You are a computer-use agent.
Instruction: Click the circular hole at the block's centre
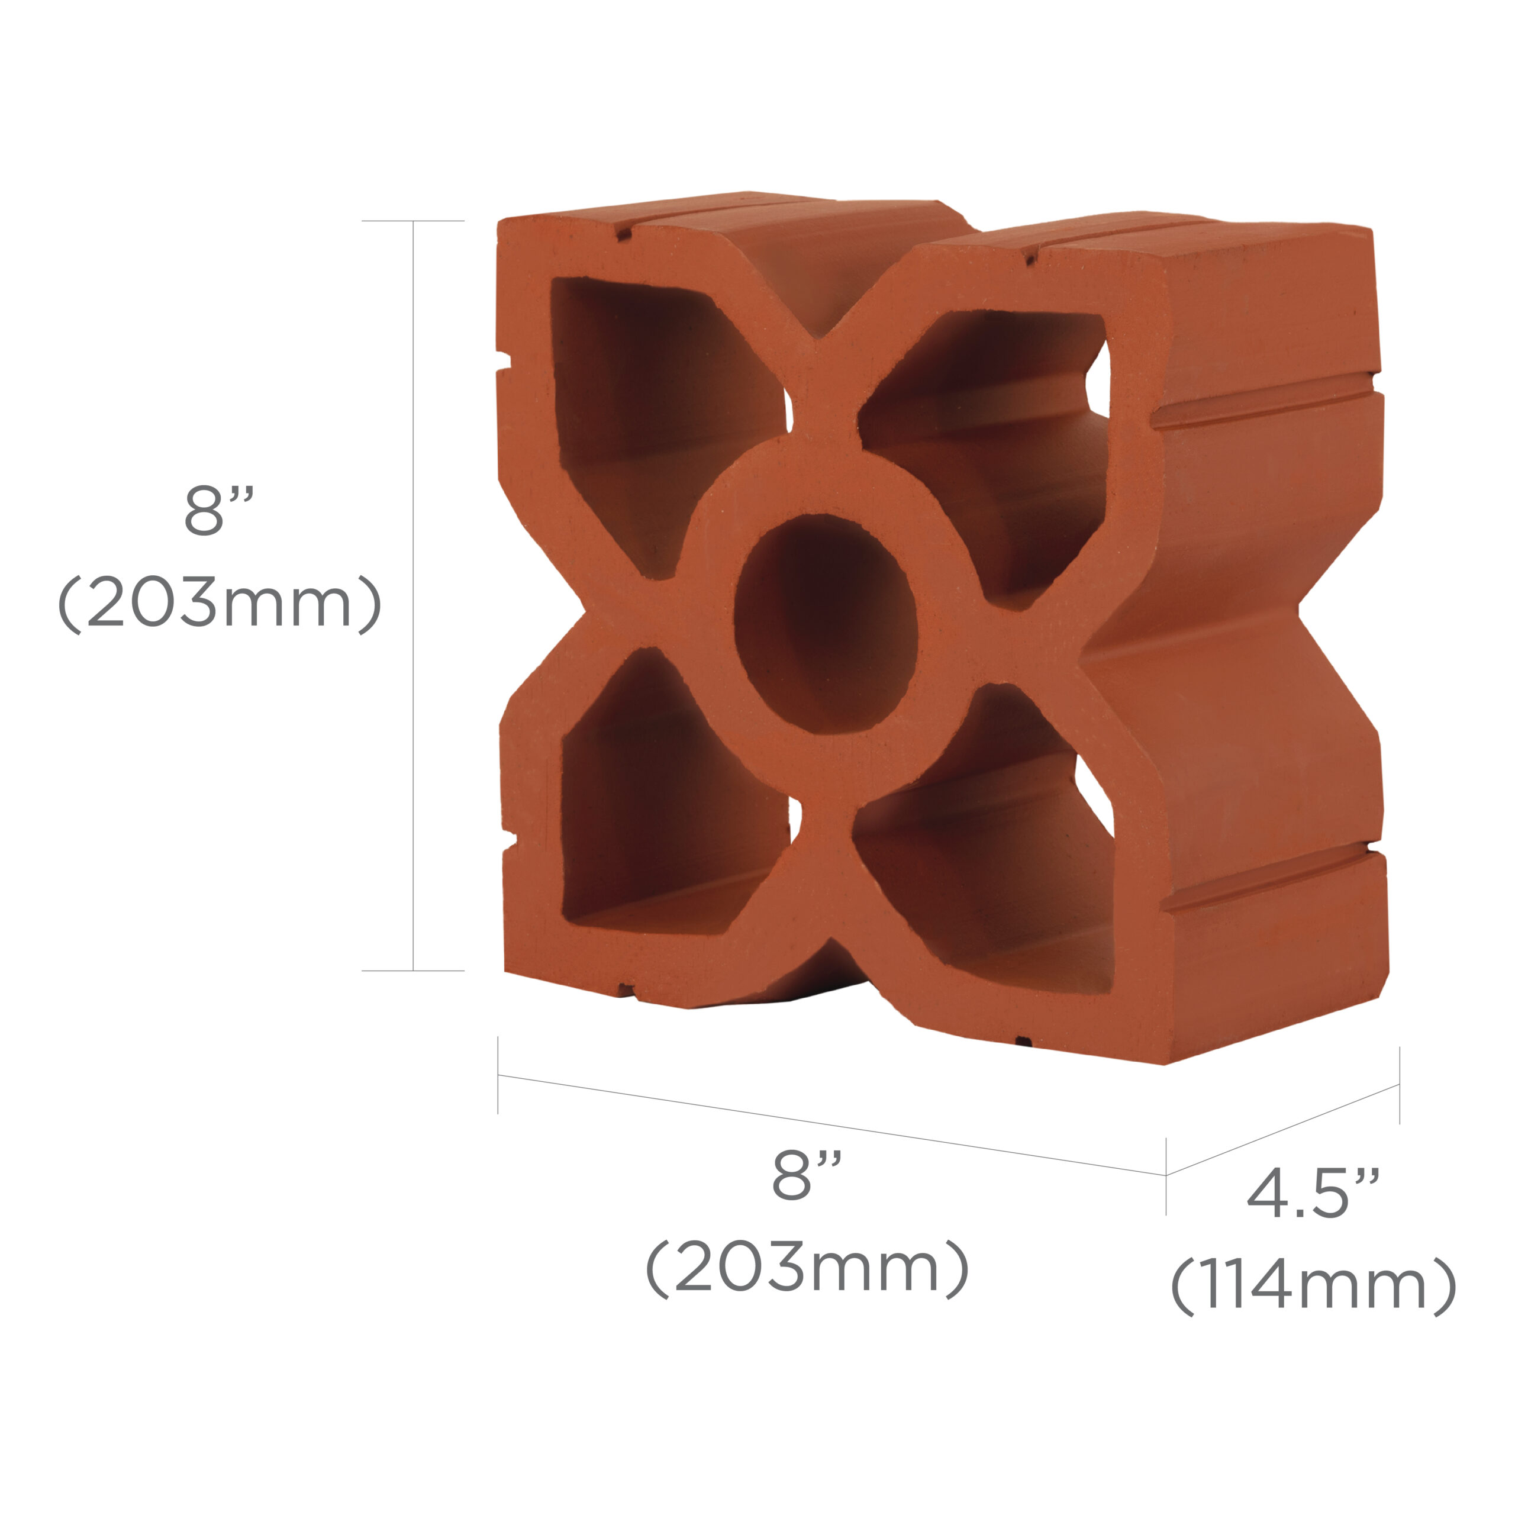pyautogui.click(x=825, y=623)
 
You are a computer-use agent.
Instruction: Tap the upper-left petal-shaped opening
pyautogui.click(x=643, y=408)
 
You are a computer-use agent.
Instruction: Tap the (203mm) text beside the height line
pyautogui.click(x=219, y=603)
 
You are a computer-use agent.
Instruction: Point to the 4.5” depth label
pyautogui.click(x=1313, y=1192)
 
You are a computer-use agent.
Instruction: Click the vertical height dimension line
pyautogui.click(x=413, y=596)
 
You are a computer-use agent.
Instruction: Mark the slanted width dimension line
pyautogui.click(x=831, y=1124)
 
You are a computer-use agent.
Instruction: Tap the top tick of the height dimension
pyautogui.click(x=413, y=221)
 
